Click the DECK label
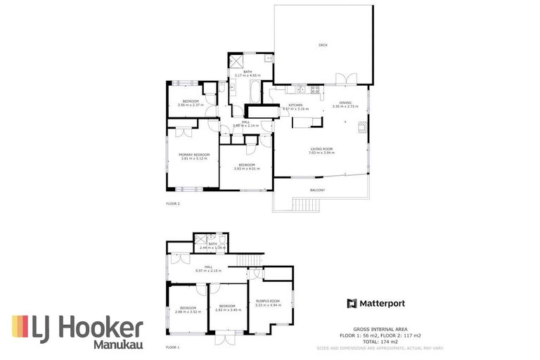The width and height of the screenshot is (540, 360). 323,45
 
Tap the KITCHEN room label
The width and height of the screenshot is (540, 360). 295,105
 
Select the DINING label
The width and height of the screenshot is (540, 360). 345,103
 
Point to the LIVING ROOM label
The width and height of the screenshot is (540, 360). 321,148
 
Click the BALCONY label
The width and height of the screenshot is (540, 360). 318,190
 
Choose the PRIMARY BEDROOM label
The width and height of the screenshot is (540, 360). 194,154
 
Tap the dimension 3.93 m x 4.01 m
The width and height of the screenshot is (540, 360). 247,169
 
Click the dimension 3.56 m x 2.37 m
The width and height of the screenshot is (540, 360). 191,106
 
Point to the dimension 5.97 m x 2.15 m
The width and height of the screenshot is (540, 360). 208,271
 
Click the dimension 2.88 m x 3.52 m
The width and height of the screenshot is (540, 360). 188,311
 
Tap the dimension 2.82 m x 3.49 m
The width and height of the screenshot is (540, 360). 226,310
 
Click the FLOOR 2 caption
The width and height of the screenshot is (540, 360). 173,204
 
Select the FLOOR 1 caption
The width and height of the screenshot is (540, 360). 173,347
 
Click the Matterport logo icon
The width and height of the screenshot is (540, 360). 352,303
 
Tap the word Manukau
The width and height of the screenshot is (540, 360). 118,345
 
